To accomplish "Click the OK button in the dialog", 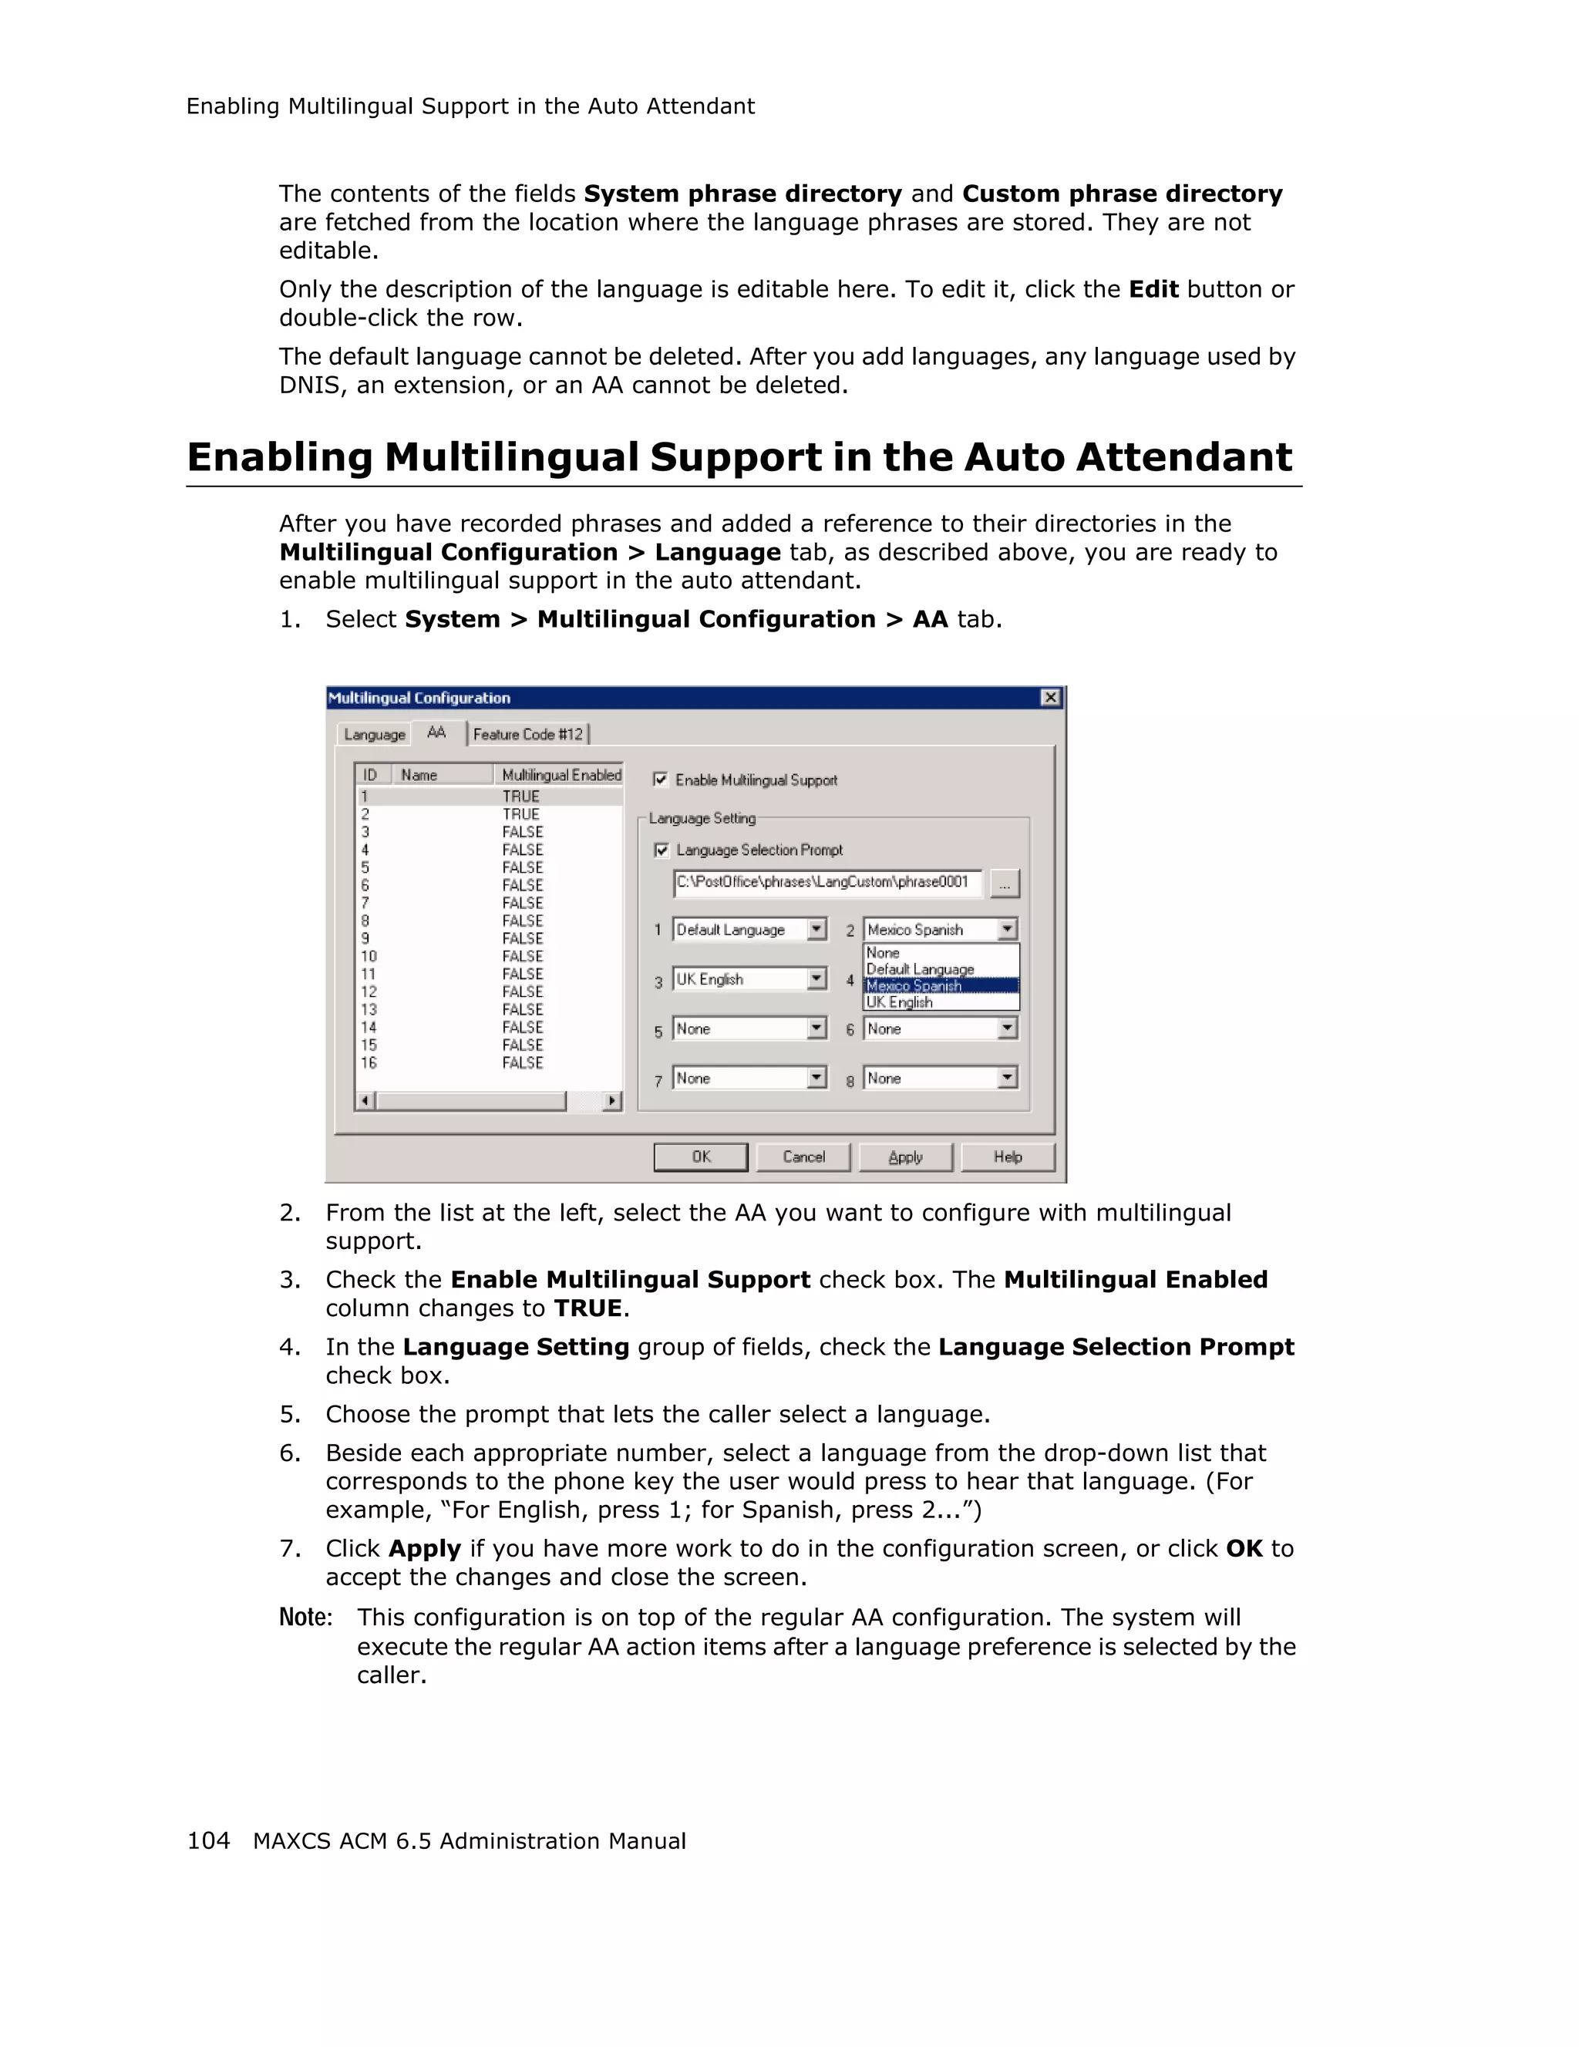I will click(700, 1156).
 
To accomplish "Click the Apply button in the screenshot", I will click(905, 1156).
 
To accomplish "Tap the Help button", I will click(1008, 1156).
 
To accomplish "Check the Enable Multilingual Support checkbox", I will click(661, 779).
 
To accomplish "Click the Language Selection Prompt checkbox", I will click(662, 850).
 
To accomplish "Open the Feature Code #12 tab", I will click(527, 735).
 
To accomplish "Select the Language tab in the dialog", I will click(374, 735).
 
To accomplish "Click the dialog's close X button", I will click(1050, 697).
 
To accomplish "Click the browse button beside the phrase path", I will click(1004, 883).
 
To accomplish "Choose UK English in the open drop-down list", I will click(900, 1002).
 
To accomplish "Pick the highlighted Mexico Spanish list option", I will click(914, 986).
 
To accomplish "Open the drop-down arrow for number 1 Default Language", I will click(817, 929).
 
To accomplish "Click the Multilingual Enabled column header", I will click(561, 775).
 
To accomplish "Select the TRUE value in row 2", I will click(521, 814).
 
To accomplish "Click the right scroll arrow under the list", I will click(612, 1100).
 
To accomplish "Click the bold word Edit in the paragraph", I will click(1153, 290).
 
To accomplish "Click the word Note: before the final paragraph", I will click(305, 1618).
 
